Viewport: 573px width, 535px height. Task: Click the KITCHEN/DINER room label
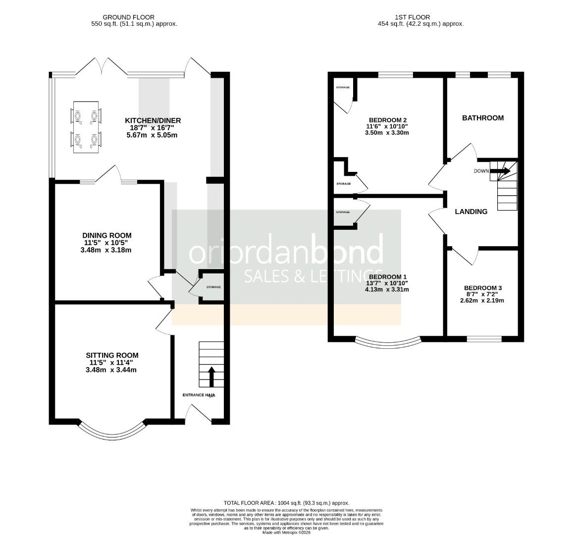click(153, 120)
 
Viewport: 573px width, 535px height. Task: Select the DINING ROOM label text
click(107, 235)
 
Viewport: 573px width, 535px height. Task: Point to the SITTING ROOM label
click(112, 355)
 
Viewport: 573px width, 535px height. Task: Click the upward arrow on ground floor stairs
click(211, 376)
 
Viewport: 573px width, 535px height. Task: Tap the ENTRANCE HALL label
click(199, 395)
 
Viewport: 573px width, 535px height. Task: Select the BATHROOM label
click(482, 118)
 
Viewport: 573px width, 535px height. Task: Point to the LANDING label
click(470, 212)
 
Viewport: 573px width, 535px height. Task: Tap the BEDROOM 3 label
click(482, 288)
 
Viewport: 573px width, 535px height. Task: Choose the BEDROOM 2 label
click(388, 120)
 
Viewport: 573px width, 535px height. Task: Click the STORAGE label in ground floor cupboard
click(213, 287)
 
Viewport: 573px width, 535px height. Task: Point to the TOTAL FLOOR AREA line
click(286, 502)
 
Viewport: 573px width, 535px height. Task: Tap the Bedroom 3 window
click(484, 339)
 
